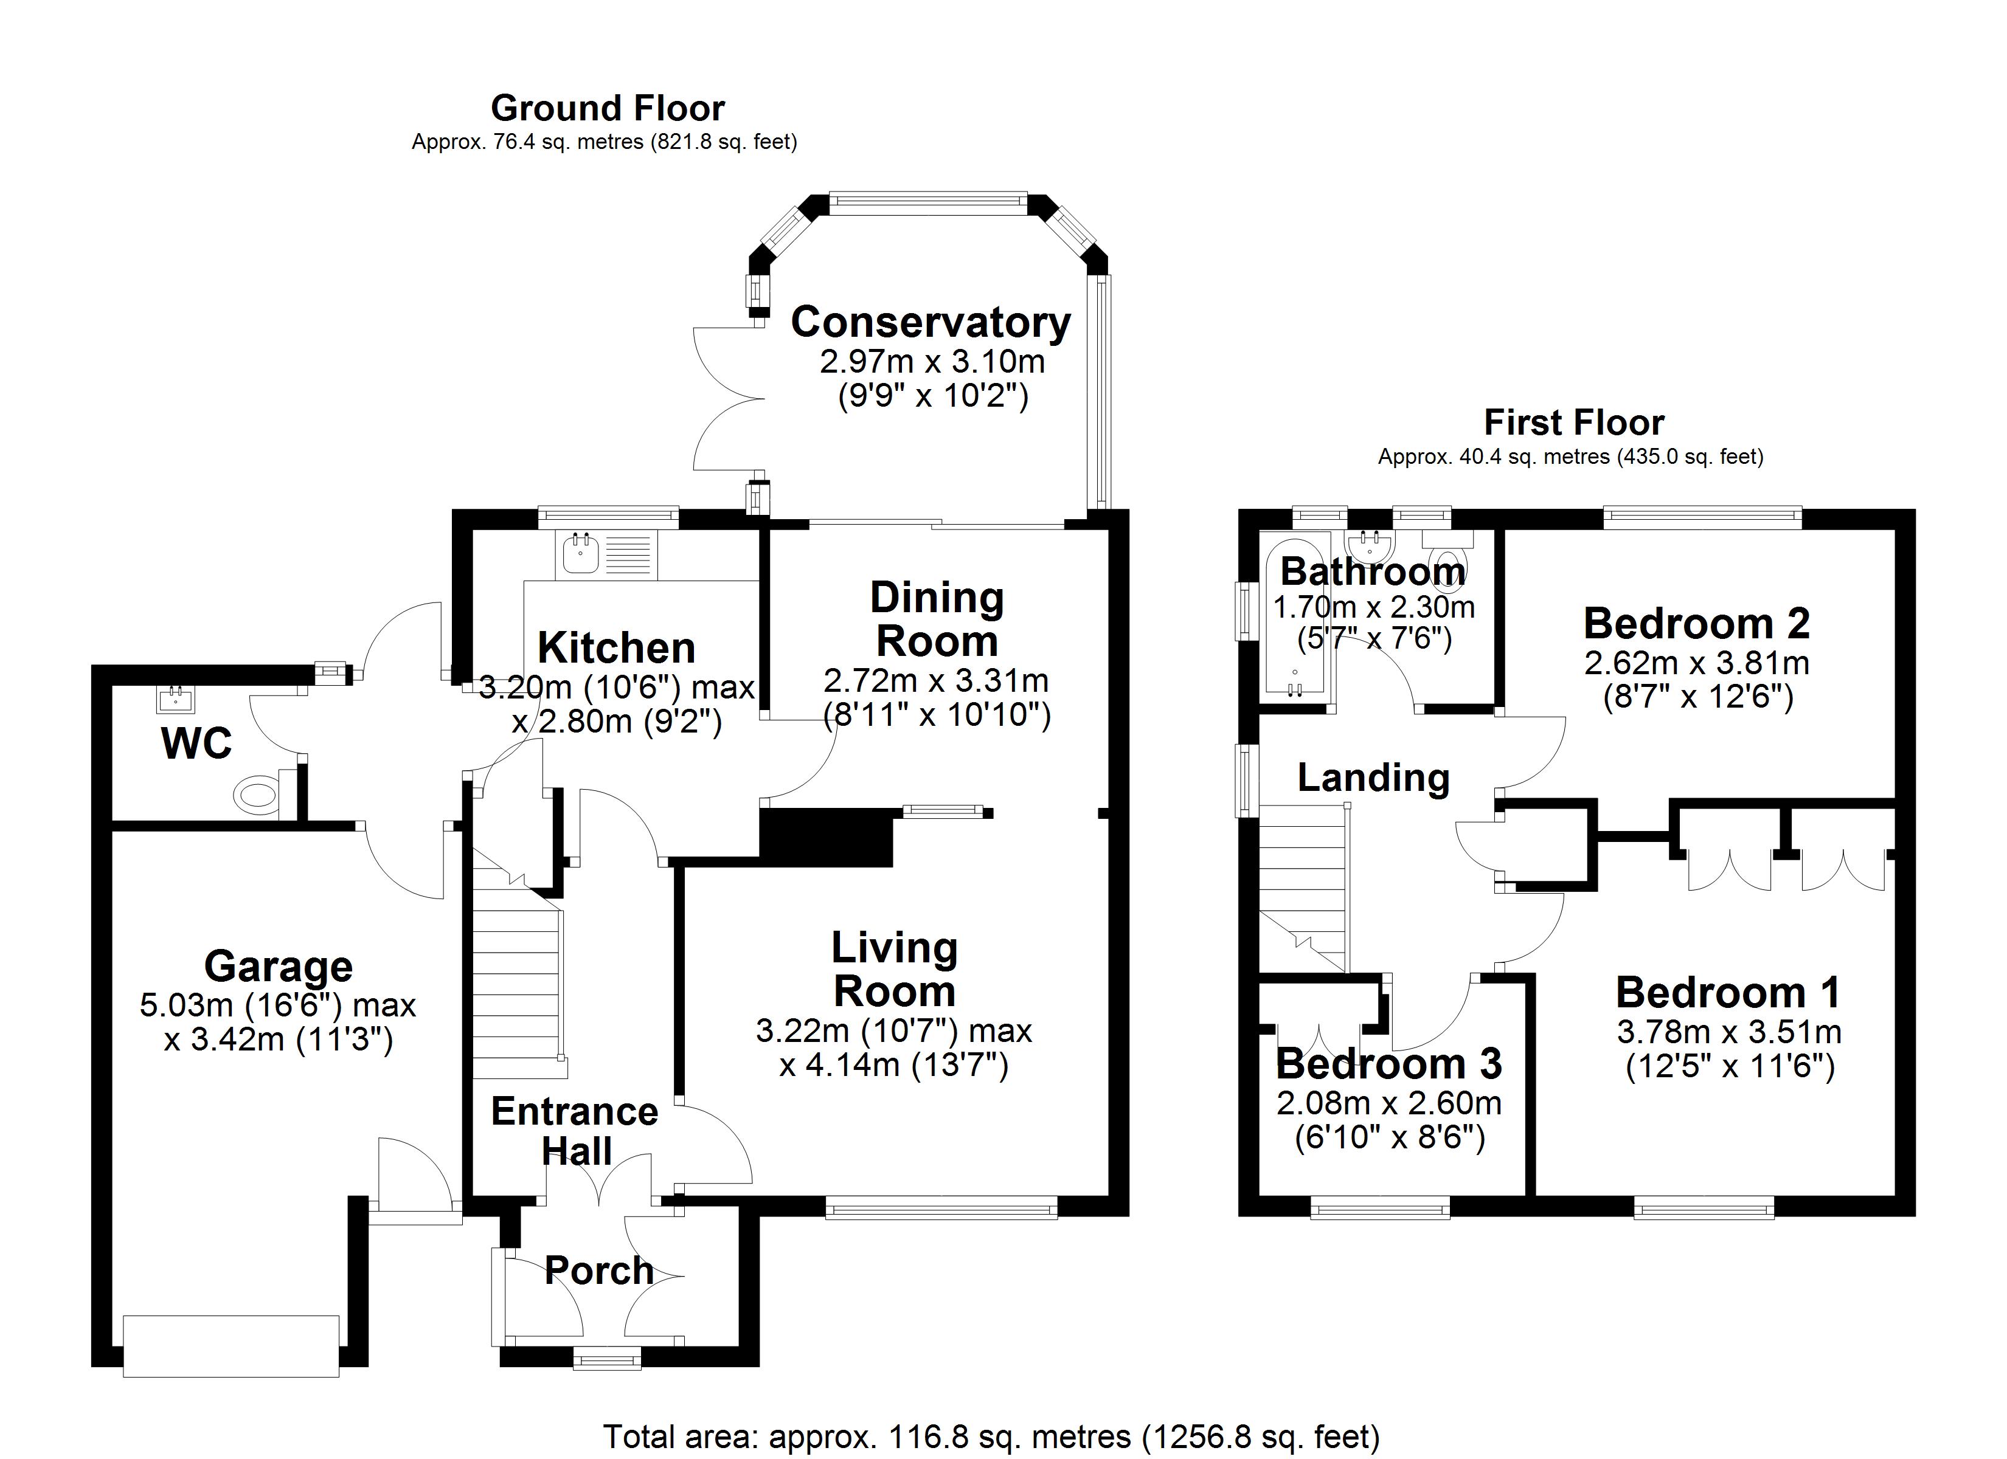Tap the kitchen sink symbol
point(581,555)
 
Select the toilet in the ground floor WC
point(258,795)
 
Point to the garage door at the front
point(231,1346)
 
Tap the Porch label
point(599,1271)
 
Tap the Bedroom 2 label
point(1696,623)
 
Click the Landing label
point(1373,777)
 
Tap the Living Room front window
point(941,1208)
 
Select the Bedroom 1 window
point(1704,1208)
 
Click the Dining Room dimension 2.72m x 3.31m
point(936,680)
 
